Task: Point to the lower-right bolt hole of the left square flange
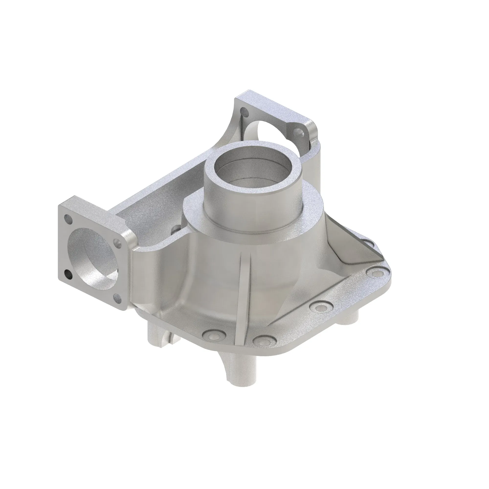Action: point(117,297)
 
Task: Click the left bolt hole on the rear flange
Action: point(244,111)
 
